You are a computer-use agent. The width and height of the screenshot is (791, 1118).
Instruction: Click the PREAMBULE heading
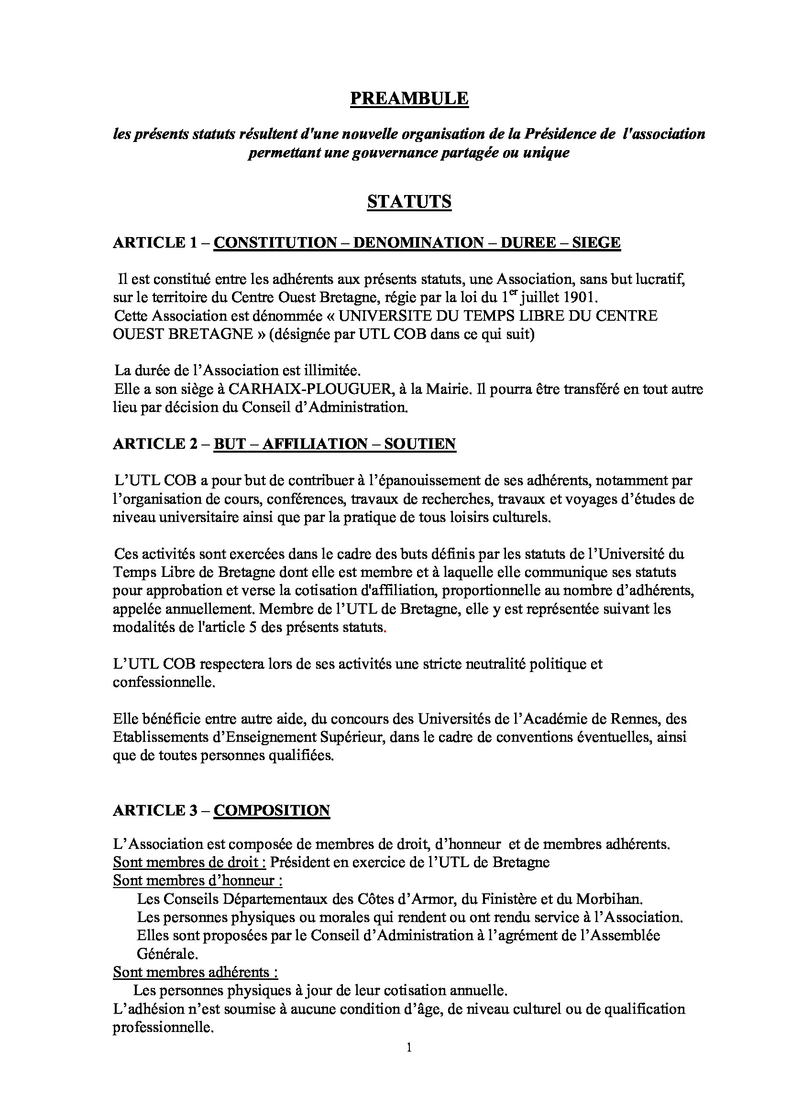click(x=409, y=99)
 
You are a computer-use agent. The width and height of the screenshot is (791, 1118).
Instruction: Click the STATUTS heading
click(x=409, y=202)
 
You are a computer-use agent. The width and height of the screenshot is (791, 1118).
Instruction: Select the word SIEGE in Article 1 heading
click(x=596, y=242)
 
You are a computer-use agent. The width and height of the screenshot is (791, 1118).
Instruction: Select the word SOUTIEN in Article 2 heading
click(x=420, y=444)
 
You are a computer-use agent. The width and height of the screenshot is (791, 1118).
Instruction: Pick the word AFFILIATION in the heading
click(x=315, y=444)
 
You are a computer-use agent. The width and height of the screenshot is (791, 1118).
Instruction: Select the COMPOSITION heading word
click(x=272, y=810)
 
